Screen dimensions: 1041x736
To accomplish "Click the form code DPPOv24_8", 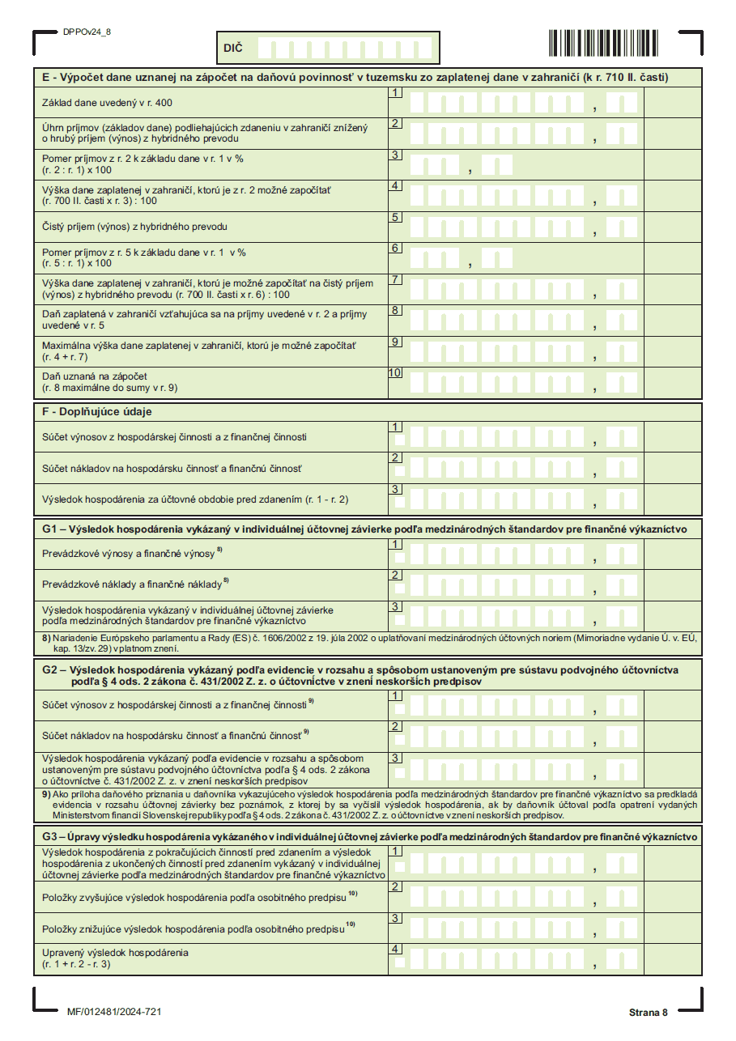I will (x=87, y=32).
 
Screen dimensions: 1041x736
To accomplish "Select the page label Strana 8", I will (x=648, y=1013).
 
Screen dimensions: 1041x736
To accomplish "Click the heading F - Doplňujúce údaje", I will (x=97, y=411).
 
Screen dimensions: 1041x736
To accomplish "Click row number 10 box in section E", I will (x=395, y=373).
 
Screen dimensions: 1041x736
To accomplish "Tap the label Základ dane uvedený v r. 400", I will (x=107, y=103).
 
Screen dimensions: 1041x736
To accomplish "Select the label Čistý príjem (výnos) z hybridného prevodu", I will (x=134, y=226).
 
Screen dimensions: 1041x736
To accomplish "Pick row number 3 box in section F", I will (x=395, y=489).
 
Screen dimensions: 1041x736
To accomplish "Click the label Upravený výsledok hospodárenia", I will (x=115, y=952).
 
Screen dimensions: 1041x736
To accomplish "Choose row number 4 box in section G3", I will (x=395, y=949).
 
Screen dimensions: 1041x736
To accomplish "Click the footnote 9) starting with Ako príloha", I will (x=368, y=805).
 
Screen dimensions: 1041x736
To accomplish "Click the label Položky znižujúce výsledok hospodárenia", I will (x=194, y=928).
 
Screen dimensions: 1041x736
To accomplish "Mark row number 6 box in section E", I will (x=395, y=248).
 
